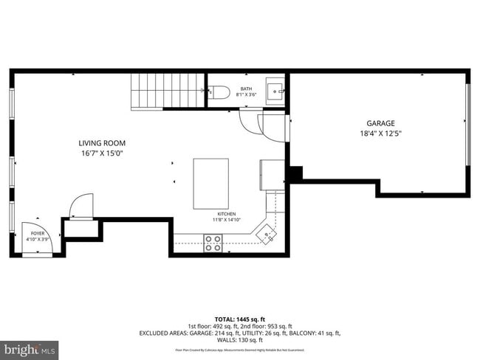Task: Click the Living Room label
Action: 102,143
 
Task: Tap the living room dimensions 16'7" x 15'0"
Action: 102,153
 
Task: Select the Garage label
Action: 380,123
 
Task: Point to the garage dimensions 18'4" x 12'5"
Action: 380,134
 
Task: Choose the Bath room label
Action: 246,89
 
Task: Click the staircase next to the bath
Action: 167,91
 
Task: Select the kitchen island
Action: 210,184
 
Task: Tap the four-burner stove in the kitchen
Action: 213,243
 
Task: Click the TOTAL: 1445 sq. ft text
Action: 240,318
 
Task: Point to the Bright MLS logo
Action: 30,347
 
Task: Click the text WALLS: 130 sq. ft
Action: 240,340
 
